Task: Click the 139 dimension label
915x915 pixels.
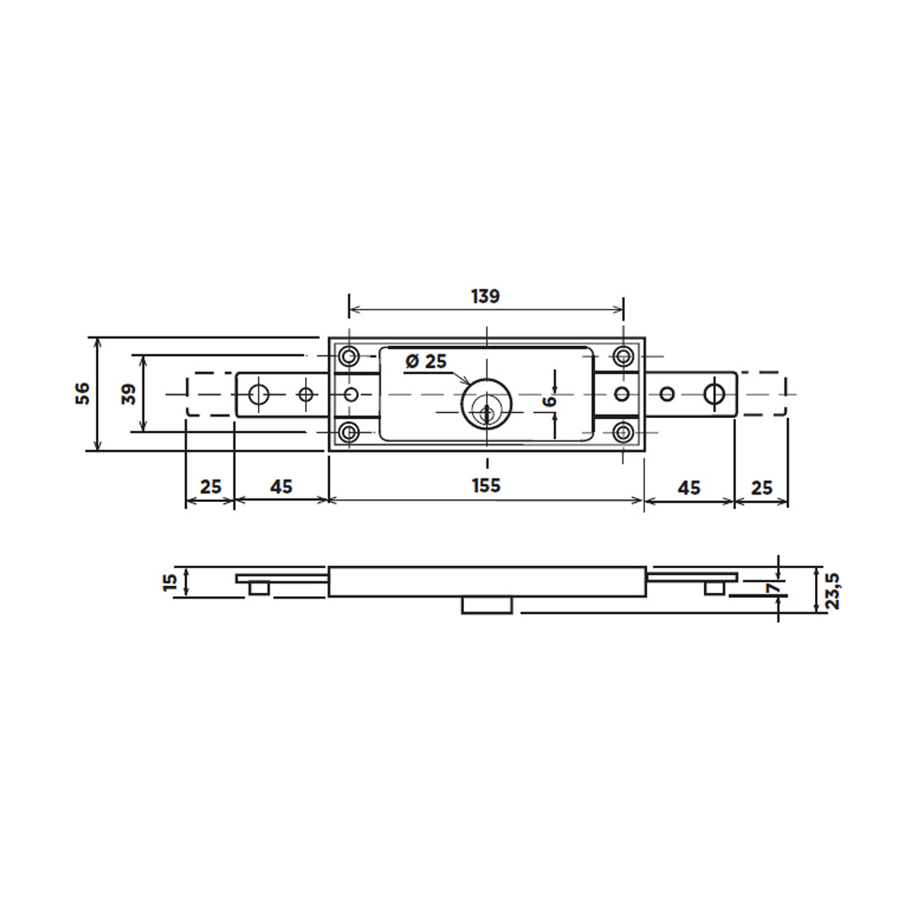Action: (x=486, y=297)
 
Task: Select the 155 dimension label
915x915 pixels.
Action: (x=486, y=486)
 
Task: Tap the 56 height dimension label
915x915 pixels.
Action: (x=83, y=393)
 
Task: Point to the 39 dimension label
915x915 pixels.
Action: (x=129, y=393)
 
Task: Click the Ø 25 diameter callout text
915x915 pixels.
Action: (x=426, y=361)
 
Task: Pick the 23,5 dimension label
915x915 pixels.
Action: (x=834, y=590)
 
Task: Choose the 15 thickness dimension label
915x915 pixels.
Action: (x=170, y=583)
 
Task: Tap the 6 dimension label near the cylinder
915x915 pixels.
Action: (x=550, y=401)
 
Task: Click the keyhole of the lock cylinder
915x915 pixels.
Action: (x=486, y=414)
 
